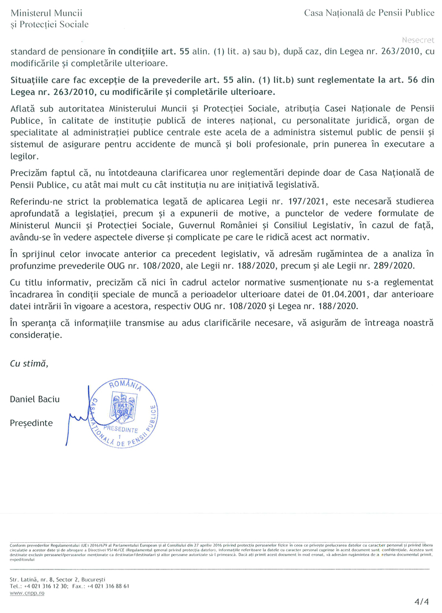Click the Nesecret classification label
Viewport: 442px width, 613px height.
(x=418, y=40)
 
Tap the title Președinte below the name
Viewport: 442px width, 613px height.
(x=31, y=423)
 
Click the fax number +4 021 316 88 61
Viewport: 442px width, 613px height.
(x=109, y=585)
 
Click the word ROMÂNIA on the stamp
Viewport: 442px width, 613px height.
(x=125, y=385)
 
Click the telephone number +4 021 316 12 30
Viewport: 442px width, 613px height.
(x=46, y=585)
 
